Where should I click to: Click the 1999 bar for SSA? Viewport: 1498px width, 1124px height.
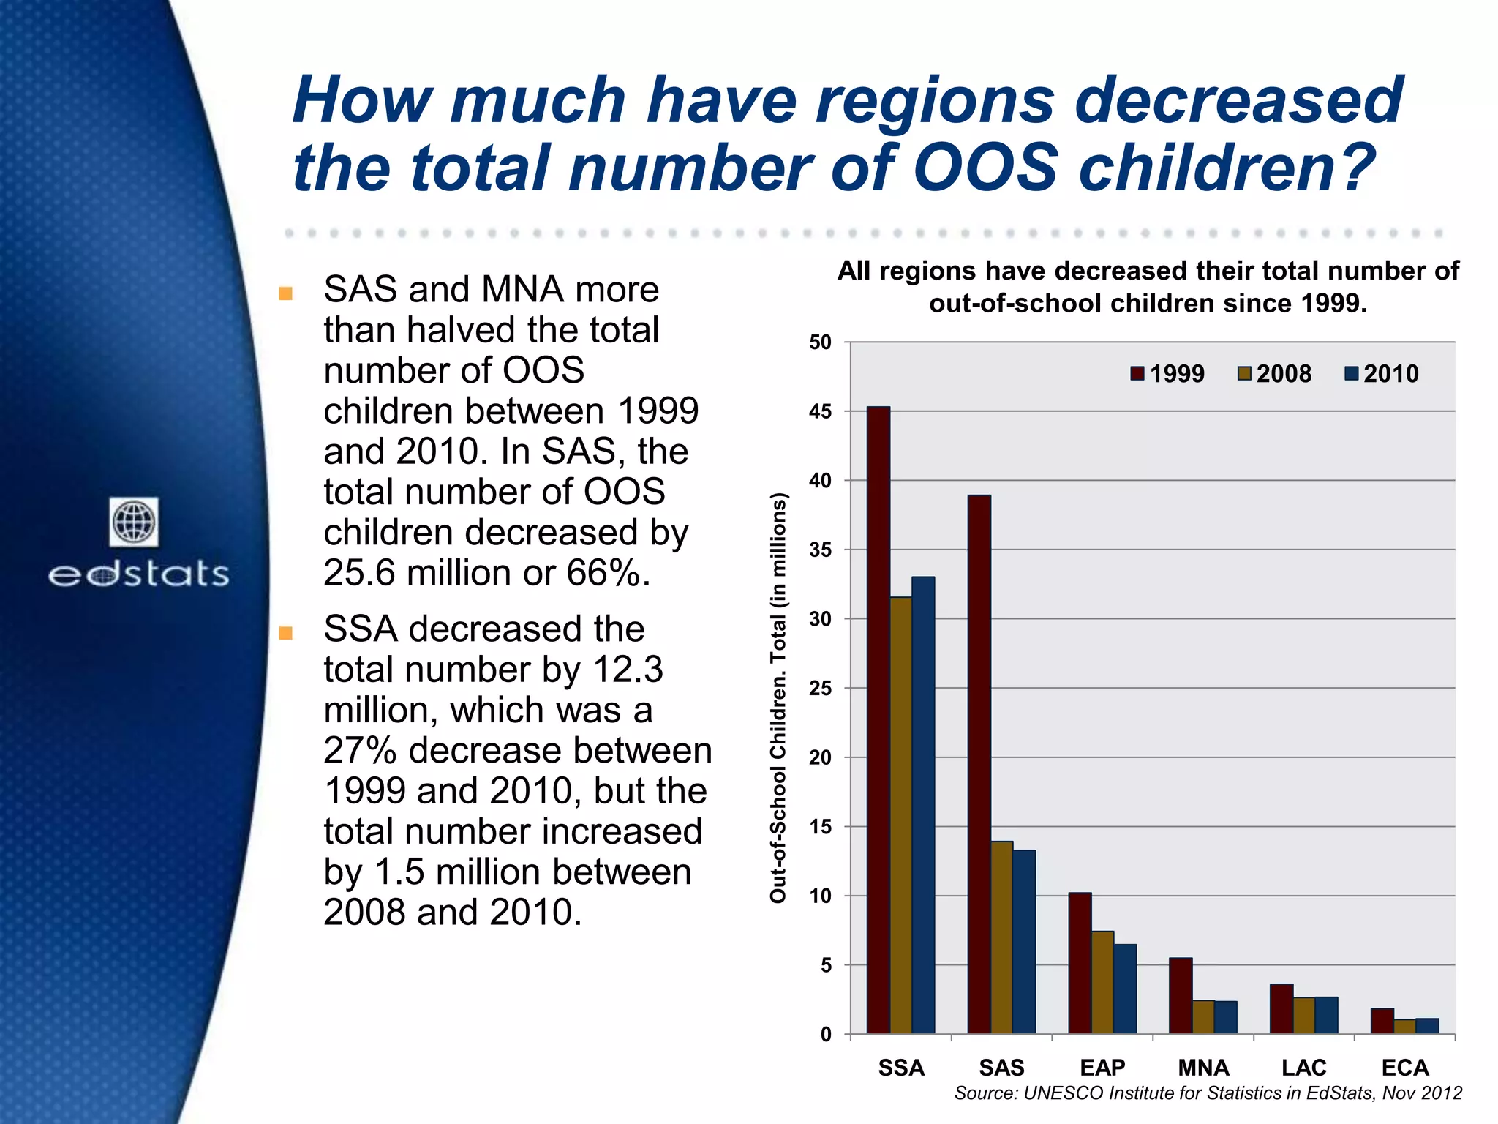point(878,720)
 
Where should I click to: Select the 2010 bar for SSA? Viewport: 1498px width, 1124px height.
point(923,805)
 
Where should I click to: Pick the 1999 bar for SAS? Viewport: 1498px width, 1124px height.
point(979,764)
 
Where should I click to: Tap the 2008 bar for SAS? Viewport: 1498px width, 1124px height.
point(1002,937)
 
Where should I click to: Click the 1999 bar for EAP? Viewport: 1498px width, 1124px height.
point(1080,963)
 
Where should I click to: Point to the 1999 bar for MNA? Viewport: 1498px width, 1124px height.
point(1181,996)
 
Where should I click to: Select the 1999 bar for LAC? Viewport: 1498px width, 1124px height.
point(1281,1009)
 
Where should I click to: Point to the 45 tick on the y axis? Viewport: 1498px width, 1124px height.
point(821,411)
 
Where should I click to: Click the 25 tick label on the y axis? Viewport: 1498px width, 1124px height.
point(821,689)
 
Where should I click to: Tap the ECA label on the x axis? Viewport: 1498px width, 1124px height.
point(1404,1068)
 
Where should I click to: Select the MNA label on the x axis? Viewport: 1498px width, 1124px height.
point(1203,1068)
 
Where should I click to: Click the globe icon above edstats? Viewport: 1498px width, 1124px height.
point(134,522)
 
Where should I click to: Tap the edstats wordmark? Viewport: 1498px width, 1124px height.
point(139,574)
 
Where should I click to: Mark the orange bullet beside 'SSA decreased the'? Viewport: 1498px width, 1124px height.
point(286,633)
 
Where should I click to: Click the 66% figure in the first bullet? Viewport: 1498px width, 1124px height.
point(606,573)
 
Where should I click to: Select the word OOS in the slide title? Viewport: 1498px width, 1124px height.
point(985,168)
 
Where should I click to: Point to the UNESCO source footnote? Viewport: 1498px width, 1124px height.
point(1208,1093)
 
